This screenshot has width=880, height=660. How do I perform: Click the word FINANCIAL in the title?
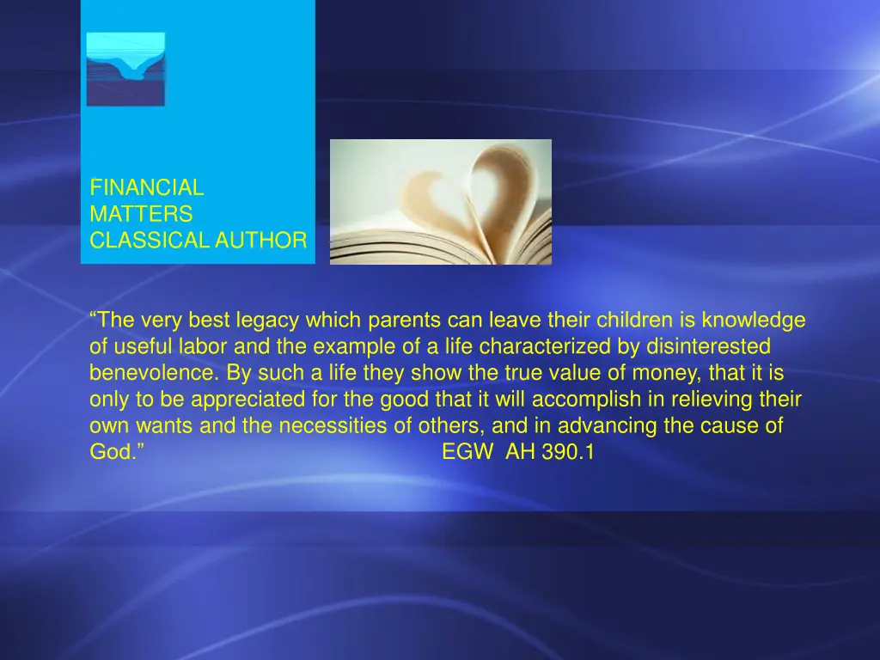coord(146,187)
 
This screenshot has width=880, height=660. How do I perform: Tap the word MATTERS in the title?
coord(141,214)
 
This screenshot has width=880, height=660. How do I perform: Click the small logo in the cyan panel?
coord(125,69)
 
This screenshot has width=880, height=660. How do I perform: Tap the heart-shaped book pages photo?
coord(440,202)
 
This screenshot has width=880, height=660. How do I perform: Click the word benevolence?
coord(152,374)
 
